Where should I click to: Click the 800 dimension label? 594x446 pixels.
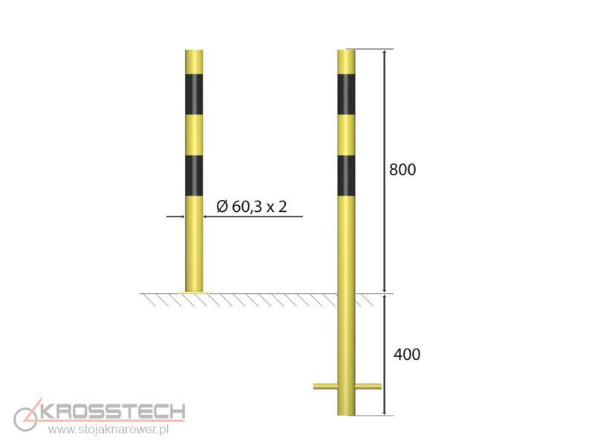(402, 169)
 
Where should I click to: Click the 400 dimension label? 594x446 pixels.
(407, 355)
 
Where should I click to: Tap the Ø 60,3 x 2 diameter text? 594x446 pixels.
(252, 207)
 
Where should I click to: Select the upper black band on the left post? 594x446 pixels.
(194, 94)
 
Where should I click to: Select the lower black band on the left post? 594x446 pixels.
(194, 175)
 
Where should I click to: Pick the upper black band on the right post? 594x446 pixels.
(346, 94)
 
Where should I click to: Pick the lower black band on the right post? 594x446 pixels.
(346, 175)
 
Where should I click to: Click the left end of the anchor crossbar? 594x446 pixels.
(315, 387)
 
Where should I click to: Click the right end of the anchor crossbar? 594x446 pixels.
(379, 387)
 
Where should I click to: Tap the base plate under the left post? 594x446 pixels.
(194, 292)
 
